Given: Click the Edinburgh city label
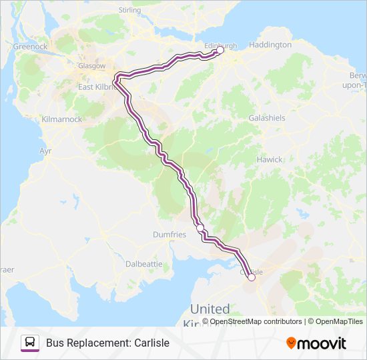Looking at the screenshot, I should [x=220, y=45].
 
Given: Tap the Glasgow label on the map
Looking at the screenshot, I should [x=92, y=66].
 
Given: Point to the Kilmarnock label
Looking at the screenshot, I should [x=61, y=119].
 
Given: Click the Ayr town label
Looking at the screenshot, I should [x=45, y=151].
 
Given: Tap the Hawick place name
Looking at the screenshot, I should [x=270, y=159].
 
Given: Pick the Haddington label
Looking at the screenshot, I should [x=270, y=45].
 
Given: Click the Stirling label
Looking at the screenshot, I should [x=129, y=10].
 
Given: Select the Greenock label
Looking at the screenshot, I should [x=30, y=47].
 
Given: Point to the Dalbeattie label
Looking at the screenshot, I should [x=144, y=264].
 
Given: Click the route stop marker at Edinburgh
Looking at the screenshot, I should [x=220, y=50].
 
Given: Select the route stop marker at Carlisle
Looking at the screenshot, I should [x=252, y=278].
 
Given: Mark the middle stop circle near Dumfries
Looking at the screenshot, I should [x=200, y=228].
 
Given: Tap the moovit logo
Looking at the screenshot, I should [x=316, y=343].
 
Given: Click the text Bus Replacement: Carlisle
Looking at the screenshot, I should [x=107, y=343].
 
